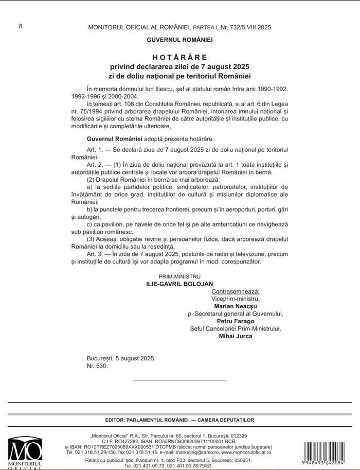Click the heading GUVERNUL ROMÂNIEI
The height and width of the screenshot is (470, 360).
pos(179,40)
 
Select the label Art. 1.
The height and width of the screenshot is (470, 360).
pos(95,149)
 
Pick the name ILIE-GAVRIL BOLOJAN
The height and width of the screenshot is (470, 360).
pos(179,284)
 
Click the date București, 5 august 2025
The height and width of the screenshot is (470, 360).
pos(121,358)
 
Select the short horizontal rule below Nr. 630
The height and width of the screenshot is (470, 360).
pos(179,380)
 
